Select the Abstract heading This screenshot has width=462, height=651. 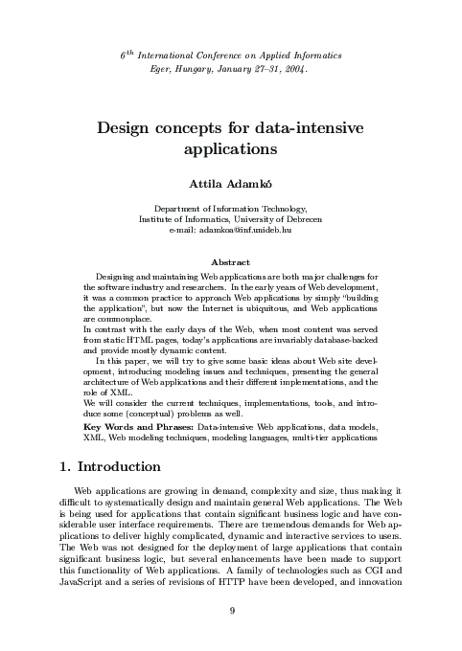coord(230,263)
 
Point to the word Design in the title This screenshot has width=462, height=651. coord(128,128)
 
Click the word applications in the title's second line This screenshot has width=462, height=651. coord(230,150)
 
